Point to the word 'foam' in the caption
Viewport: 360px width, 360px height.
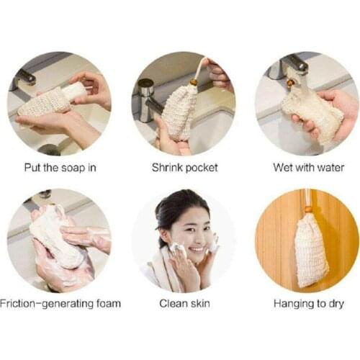click(x=109, y=303)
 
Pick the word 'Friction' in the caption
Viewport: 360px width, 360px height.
click(x=17, y=303)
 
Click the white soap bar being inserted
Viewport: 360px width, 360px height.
click(x=73, y=89)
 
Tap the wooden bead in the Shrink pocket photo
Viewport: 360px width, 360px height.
click(x=194, y=82)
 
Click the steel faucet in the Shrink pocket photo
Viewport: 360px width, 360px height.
click(x=146, y=99)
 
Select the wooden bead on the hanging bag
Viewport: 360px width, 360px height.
click(x=307, y=209)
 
